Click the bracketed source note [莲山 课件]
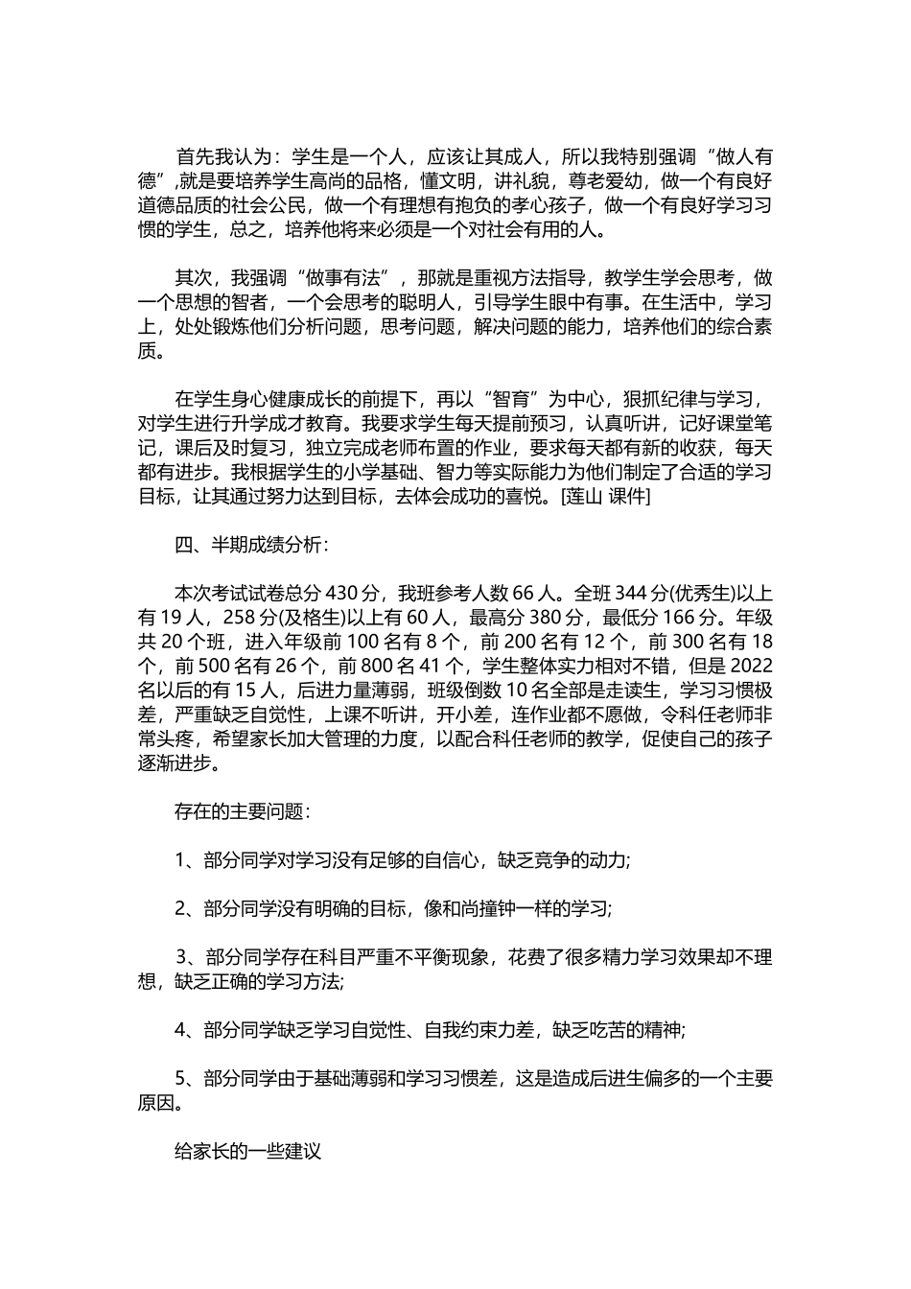pos(606,497)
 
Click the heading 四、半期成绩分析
pos(251,545)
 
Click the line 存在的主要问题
pos(242,811)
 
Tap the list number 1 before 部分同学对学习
pos(180,860)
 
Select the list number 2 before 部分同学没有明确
pos(180,908)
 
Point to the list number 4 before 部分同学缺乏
pos(180,1030)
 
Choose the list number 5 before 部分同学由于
pos(180,1079)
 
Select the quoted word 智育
pos(518,399)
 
